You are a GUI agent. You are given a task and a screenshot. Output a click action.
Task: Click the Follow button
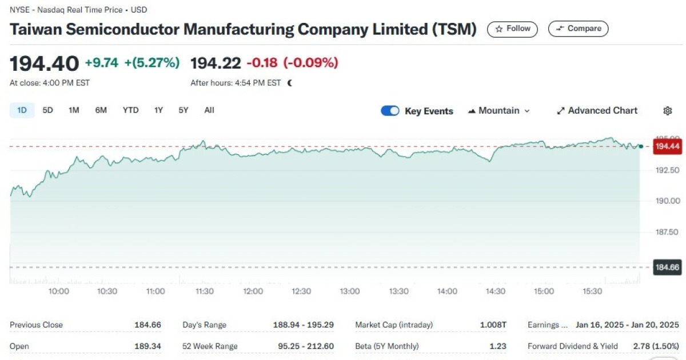coord(512,29)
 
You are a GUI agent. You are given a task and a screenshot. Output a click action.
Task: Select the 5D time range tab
coord(48,110)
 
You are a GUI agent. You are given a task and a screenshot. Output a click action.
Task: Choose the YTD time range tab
coord(130,110)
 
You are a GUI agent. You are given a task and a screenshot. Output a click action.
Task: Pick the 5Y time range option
coord(183,110)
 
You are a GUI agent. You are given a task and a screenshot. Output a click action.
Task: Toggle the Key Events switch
coord(390,111)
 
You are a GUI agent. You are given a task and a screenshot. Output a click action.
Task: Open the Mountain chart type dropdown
coord(499,111)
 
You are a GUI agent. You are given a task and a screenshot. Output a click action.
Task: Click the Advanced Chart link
coord(597,111)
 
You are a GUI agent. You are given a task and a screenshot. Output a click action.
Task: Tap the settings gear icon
coord(667,111)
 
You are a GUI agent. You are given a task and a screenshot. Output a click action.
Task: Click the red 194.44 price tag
coord(667,147)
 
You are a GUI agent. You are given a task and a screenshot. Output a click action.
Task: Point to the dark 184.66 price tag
coord(667,267)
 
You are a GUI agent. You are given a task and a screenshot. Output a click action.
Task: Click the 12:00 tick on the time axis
coord(253,291)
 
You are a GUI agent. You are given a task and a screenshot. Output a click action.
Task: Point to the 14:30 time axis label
coord(496,291)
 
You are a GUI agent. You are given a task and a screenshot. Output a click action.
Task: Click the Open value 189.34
coord(147,346)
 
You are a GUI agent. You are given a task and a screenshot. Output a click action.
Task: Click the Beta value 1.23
coord(498,346)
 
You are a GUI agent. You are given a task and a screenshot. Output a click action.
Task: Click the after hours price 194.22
coord(215,63)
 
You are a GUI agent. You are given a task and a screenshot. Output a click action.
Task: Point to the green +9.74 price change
coord(101,63)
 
